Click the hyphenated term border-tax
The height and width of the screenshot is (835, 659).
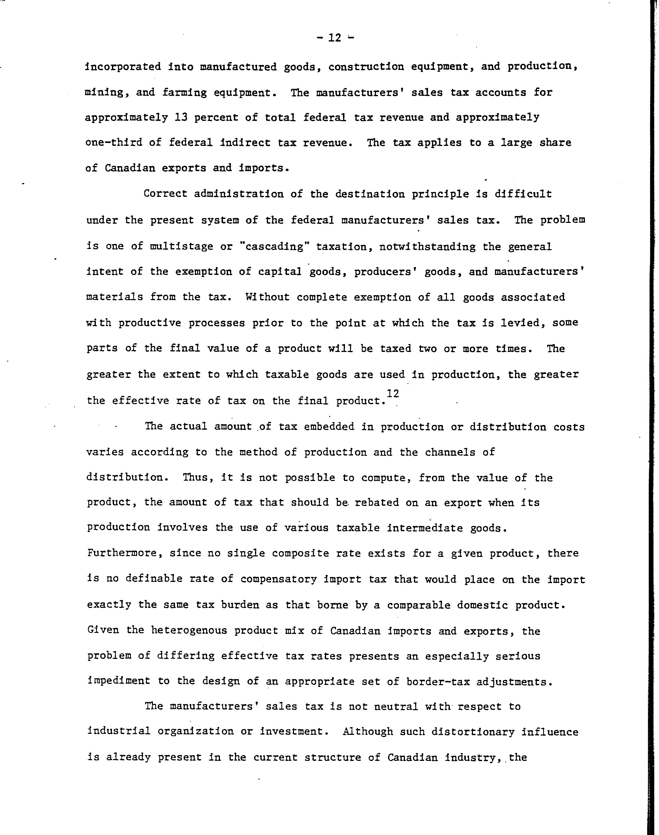pyautogui.click(x=438, y=682)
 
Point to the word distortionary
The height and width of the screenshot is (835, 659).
pyautogui.click(x=473, y=732)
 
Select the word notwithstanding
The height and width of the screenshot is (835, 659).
pyautogui.click(x=428, y=246)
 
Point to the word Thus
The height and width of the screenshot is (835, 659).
pyautogui.click(x=197, y=478)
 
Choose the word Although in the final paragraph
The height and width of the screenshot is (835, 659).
pyautogui.click(x=368, y=732)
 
